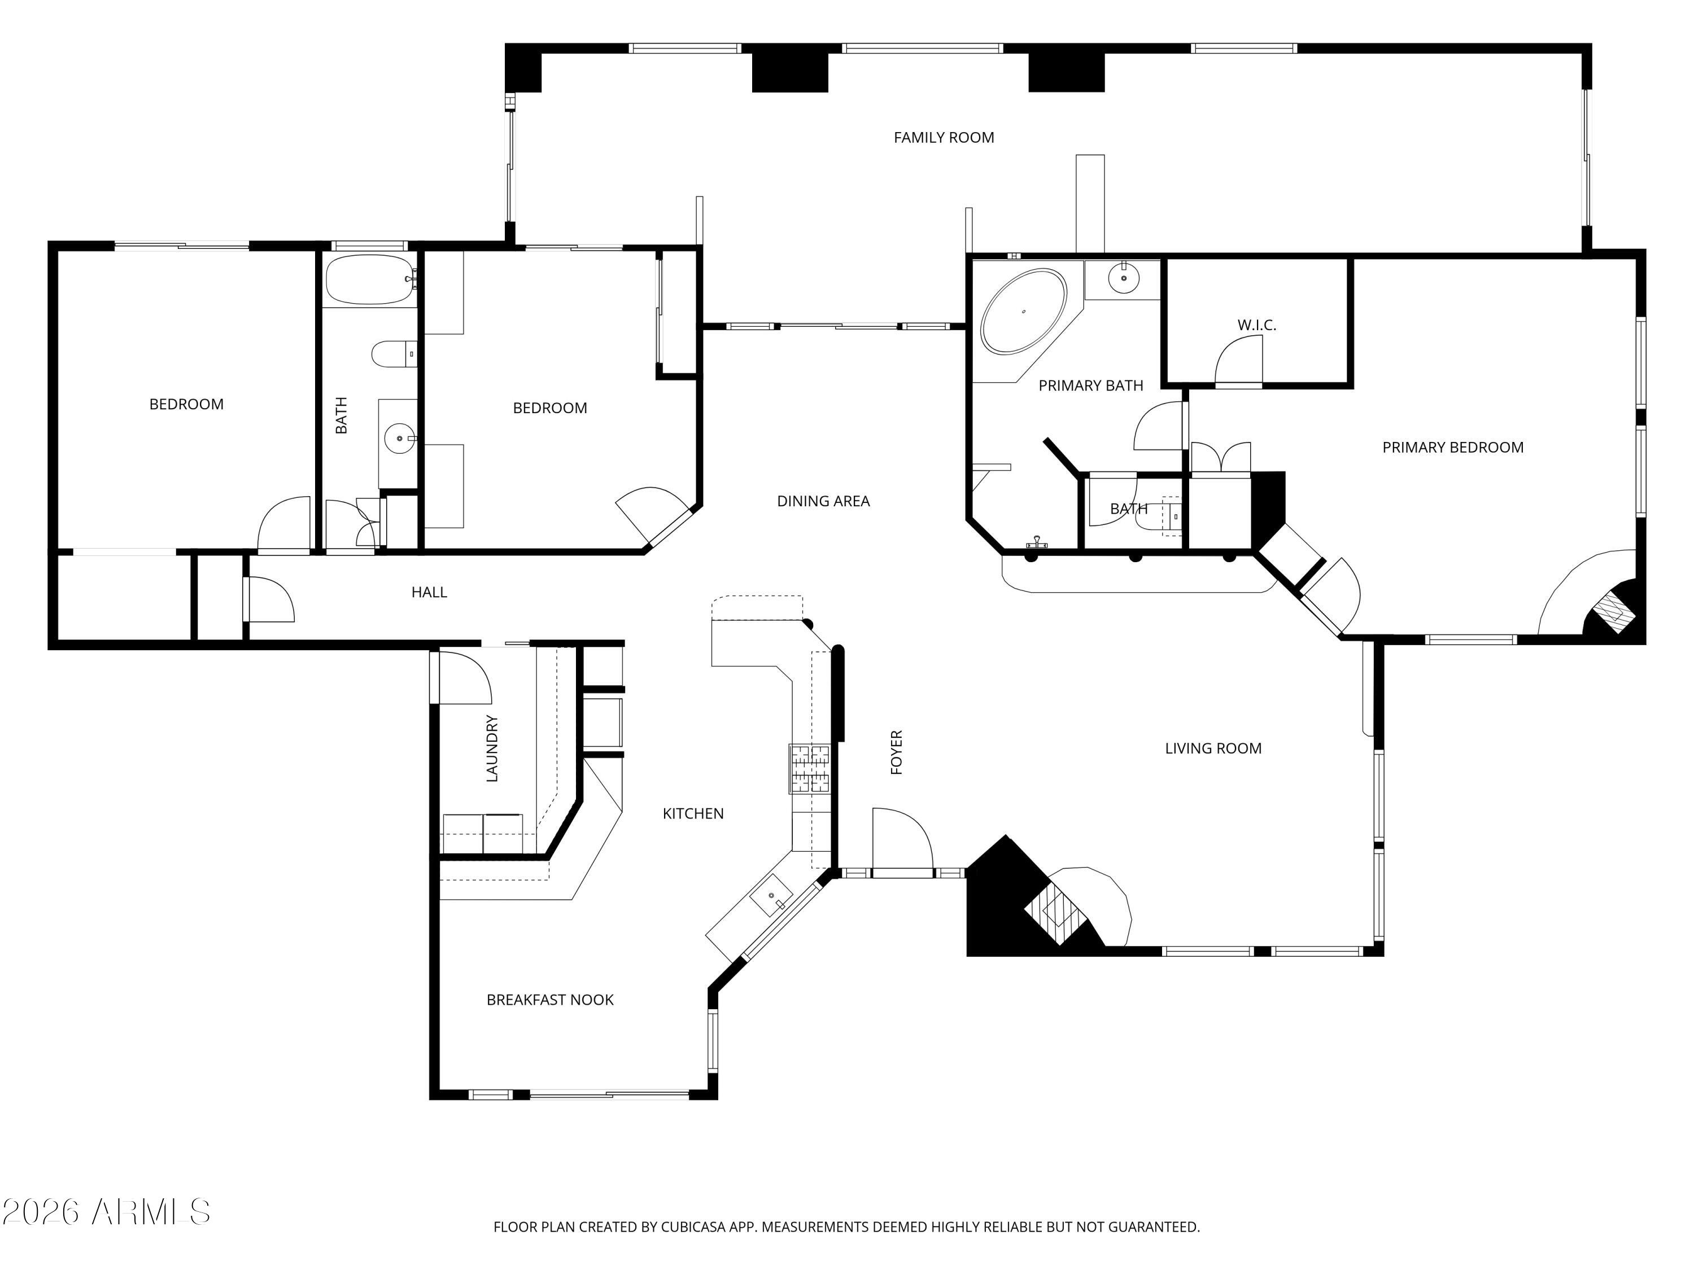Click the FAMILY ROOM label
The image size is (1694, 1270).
(944, 138)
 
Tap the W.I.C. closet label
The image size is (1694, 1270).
(1257, 325)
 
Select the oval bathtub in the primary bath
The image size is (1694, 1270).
(1023, 312)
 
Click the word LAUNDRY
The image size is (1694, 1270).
(492, 748)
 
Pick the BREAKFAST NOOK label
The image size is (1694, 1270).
(550, 1000)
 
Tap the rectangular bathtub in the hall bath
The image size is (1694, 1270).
(369, 280)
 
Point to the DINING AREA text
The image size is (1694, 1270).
(823, 501)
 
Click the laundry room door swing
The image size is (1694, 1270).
(464, 677)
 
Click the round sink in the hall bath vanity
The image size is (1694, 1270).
(399, 439)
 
